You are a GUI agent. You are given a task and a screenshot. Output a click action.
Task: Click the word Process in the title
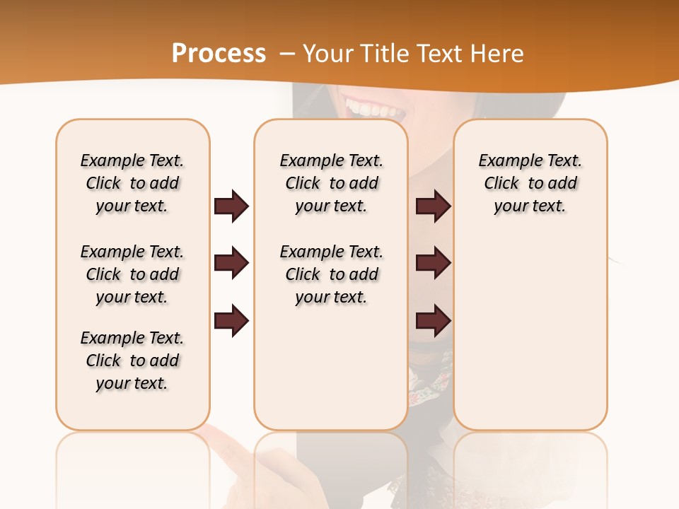tap(219, 54)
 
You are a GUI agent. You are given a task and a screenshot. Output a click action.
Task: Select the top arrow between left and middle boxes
tap(231, 206)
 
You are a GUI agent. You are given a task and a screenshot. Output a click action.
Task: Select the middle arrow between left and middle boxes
tap(231, 263)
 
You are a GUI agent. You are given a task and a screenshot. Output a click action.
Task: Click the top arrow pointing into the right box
tap(433, 206)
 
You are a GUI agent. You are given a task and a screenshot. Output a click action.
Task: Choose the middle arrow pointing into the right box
tap(433, 263)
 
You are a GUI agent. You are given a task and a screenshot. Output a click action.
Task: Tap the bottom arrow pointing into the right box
tap(433, 320)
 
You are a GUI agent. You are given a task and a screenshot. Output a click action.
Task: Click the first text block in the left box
tap(132, 183)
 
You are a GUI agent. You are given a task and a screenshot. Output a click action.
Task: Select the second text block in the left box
tap(132, 274)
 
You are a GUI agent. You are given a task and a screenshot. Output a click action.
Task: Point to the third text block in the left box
tap(132, 361)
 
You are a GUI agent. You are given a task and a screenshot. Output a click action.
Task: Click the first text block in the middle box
tap(331, 183)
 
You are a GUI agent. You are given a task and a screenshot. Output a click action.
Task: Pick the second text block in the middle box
tap(331, 274)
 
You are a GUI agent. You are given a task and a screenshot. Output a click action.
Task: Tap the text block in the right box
tap(530, 183)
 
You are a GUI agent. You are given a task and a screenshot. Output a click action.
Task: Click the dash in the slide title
tap(287, 54)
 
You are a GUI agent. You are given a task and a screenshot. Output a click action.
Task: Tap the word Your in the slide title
tap(327, 54)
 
